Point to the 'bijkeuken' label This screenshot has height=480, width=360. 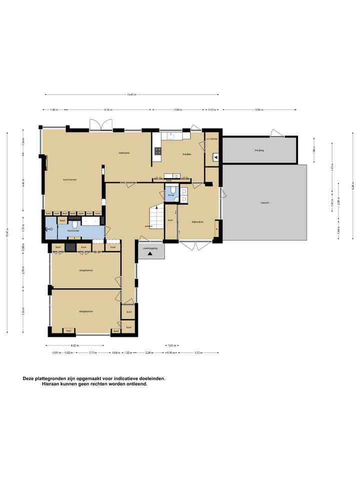pyautogui.click(x=197, y=221)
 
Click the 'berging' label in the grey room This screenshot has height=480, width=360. pyautogui.click(x=258, y=150)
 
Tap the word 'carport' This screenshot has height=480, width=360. pyautogui.click(x=264, y=202)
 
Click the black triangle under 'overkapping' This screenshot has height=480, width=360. pyautogui.click(x=149, y=254)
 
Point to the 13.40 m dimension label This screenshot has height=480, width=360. pyautogui.click(x=131, y=94)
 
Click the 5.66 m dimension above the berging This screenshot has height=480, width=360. pyautogui.click(x=259, y=109)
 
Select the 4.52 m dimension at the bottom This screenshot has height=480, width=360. pyautogui.click(x=73, y=345)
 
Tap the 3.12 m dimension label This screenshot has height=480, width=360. pyautogui.click(x=198, y=353)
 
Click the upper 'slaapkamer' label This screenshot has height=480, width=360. pyautogui.click(x=86, y=270)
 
